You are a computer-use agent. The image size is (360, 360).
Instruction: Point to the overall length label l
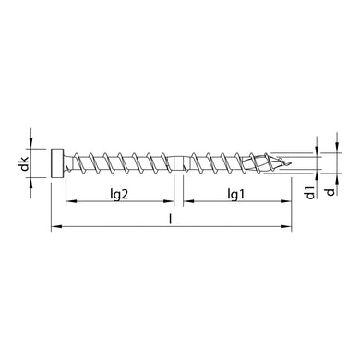point(173,219)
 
